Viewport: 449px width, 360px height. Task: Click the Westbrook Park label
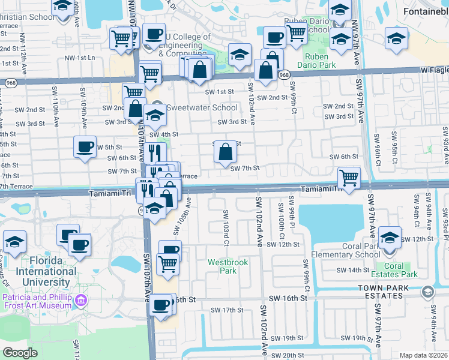click(x=222, y=266)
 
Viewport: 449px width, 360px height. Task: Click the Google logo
click(x=20, y=353)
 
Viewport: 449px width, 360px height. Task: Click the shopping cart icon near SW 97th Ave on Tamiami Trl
click(x=349, y=178)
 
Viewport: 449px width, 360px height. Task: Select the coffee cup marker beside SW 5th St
click(x=85, y=146)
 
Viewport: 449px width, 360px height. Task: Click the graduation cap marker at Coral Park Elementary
click(x=390, y=238)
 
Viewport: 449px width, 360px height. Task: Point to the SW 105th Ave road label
click(x=182, y=215)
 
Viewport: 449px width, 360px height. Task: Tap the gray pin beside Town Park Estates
click(x=427, y=292)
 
